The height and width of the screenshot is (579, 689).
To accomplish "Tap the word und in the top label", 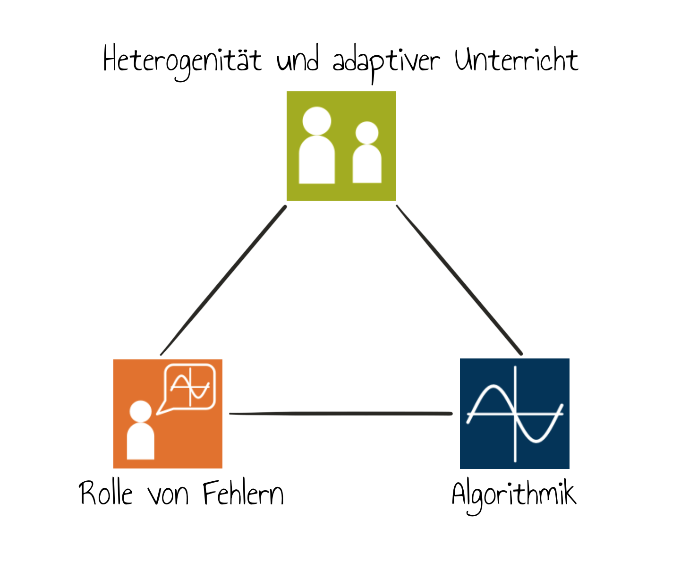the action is [x=298, y=58].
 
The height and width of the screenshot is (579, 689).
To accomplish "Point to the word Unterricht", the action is [x=517, y=60].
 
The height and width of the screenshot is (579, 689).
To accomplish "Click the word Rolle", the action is [x=106, y=493].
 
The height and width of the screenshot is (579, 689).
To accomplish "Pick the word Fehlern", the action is [x=243, y=493].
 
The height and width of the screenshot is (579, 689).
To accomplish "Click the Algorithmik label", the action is [x=514, y=496].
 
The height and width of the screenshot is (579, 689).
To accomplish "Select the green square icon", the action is [x=341, y=146].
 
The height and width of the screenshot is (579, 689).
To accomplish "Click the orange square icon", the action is [x=168, y=414].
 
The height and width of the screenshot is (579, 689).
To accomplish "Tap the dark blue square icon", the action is [x=515, y=414].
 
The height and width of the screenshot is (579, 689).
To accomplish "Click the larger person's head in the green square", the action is [x=317, y=121].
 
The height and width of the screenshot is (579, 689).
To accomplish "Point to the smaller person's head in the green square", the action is [x=367, y=133].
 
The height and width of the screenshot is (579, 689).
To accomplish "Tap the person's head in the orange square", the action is [x=141, y=411].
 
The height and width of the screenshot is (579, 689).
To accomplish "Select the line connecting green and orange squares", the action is [x=223, y=281].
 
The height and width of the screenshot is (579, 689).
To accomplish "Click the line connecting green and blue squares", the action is [x=459, y=280].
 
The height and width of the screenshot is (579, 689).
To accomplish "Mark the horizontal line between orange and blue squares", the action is [x=341, y=413].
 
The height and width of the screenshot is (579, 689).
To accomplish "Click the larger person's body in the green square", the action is [x=317, y=160].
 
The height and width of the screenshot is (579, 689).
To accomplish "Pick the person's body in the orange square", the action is [x=141, y=441].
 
